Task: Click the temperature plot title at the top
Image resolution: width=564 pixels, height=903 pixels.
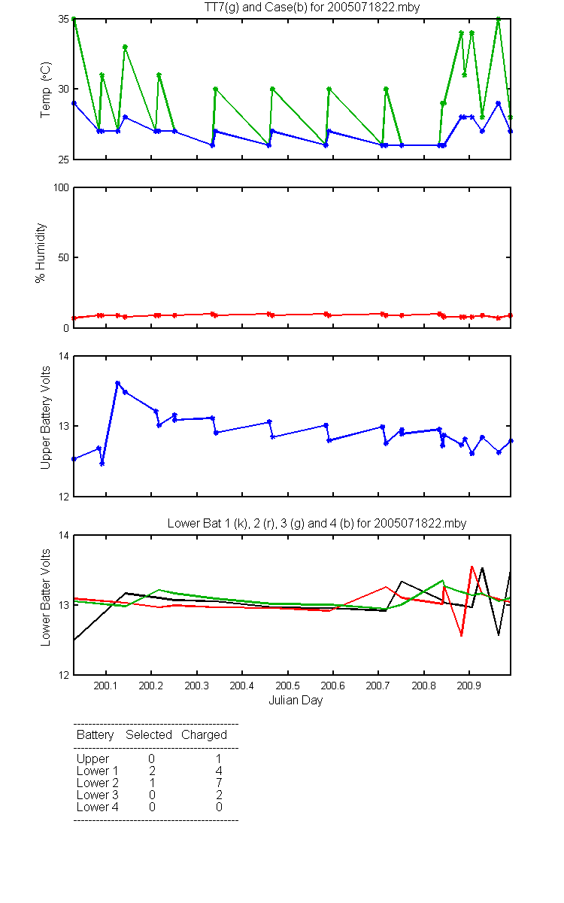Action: [x=312, y=8]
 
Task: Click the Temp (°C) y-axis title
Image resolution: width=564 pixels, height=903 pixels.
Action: [x=46, y=90]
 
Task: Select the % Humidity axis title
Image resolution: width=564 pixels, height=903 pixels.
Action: [x=41, y=253]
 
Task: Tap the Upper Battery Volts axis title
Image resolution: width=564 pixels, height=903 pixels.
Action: [x=46, y=418]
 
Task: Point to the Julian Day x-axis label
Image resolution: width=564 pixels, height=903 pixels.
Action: [x=296, y=701]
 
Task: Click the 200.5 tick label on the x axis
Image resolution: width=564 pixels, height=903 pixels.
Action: [x=287, y=686]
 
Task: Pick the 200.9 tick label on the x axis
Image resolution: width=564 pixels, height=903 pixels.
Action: [x=469, y=686]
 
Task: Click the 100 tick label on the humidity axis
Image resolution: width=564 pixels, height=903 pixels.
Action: [x=61, y=188]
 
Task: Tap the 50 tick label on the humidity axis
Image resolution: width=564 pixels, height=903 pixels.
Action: [x=64, y=257]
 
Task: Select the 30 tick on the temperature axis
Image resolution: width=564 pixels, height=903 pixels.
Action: [x=64, y=89]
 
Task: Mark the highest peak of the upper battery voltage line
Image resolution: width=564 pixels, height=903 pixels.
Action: [x=117, y=383]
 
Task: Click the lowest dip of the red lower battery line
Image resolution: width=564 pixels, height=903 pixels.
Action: [x=461, y=635]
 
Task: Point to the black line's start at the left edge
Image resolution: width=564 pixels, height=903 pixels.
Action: [x=74, y=640]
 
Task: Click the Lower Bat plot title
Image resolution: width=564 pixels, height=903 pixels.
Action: [x=317, y=523]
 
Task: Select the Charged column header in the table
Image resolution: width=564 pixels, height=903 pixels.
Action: [x=204, y=735]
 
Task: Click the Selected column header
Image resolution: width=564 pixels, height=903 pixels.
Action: [x=149, y=734]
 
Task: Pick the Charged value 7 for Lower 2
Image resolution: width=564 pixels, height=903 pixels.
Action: [x=219, y=783]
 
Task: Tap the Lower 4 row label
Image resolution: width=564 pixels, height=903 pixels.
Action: [x=98, y=807]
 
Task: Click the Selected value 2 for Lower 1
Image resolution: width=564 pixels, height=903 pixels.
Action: [x=152, y=771]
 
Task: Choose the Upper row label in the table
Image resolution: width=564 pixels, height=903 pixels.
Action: [x=92, y=759]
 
